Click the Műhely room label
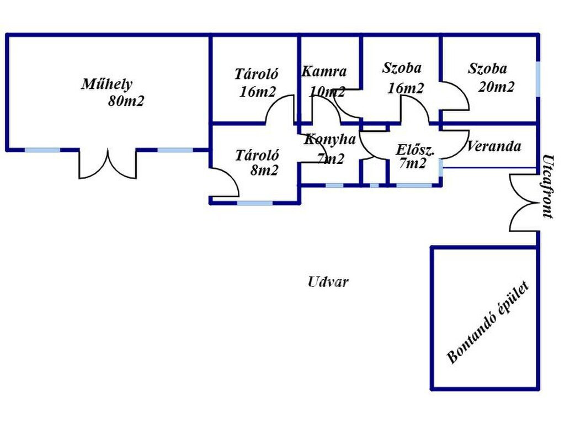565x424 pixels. click(107, 84)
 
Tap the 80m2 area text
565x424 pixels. click(126, 101)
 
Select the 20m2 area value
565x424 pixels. click(496, 87)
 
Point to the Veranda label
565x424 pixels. click(494, 146)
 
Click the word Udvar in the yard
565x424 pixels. click(328, 282)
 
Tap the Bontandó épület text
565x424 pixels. click(488, 322)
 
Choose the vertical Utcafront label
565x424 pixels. click(548, 187)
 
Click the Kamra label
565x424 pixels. click(324, 71)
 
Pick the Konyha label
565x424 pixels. click(330, 139)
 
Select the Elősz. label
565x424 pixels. click(415, 149)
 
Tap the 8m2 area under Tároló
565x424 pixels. click(264, 170)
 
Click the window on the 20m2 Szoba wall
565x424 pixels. click(537, 79)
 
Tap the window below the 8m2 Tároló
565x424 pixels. click(255, 203)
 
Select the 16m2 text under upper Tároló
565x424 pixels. click(257, 92)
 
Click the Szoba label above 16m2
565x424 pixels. click(402, 68)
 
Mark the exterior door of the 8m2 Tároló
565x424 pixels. click(224, 182)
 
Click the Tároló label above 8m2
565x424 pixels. click(257, 155)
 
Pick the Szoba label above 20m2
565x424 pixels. click(487, 68)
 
